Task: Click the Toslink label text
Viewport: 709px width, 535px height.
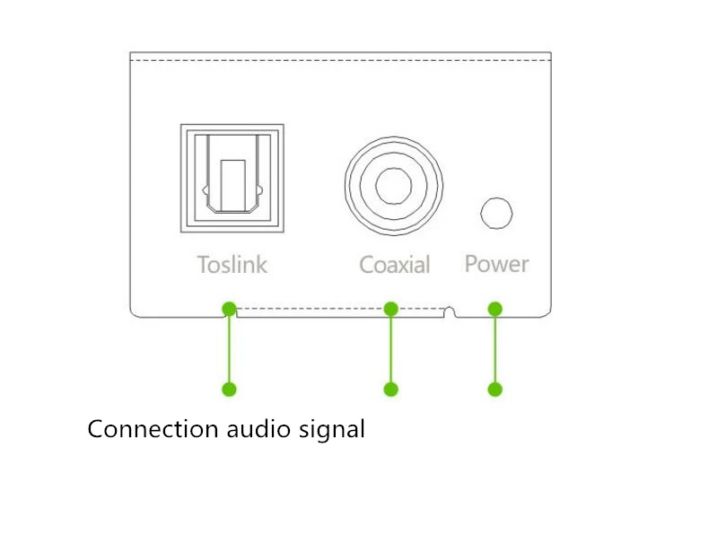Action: (x=232, y=265)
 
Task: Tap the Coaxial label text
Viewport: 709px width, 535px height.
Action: (x=394, y=265)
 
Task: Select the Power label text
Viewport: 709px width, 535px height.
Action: (x=496, y=264)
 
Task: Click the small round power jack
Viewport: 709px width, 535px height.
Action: (x=496, y=214)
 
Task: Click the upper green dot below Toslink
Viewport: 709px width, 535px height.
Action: (x=229, y=309)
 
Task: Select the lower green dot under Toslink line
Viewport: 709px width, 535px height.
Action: (x=229, y=389)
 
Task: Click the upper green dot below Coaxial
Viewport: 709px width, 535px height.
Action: (x=390, y=309)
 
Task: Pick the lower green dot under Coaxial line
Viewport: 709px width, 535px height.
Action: (x=390, y=389)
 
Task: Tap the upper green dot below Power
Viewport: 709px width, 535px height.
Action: (x=495, y=309)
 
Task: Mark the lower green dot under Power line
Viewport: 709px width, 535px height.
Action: (x=495, y=389)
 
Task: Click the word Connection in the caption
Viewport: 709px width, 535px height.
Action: (x=152, y=429)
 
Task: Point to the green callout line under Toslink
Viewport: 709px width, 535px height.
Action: (x=229, y=349)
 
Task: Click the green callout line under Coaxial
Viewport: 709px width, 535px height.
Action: (x=390, y=349)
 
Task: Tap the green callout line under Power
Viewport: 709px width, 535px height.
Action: (x=495, y=349)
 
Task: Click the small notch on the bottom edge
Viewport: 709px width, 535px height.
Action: (x=451, y=312)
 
